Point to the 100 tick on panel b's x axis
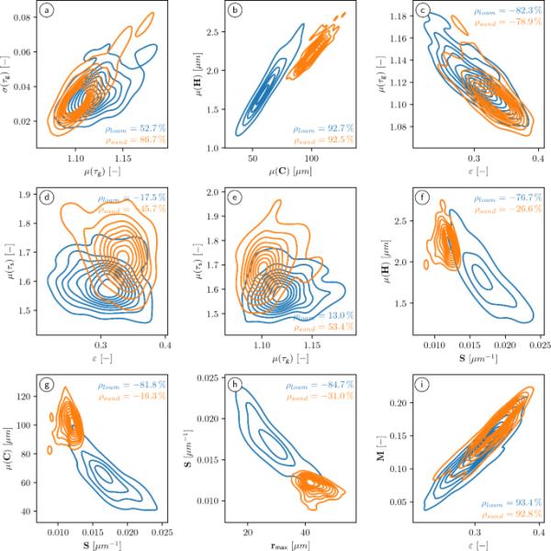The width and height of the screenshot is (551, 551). [x=312, y=159]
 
